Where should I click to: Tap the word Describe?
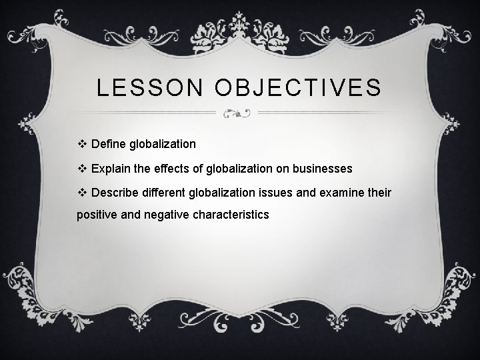click(115, 193)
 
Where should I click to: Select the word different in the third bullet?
click(164, 193)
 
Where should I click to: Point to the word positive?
click(98, 215)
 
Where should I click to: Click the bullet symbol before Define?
click(83, 143)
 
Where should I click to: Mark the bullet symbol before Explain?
click(83, 168)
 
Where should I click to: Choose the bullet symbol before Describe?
click(83, 193)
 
